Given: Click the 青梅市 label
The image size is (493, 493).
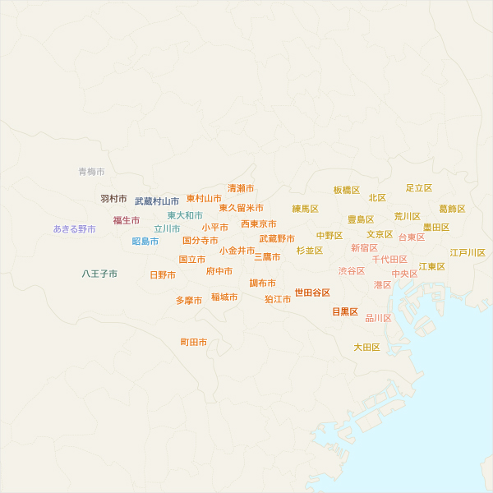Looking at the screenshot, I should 91,172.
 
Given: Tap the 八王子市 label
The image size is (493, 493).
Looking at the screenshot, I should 99,274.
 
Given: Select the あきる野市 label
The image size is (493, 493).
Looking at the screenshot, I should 75,229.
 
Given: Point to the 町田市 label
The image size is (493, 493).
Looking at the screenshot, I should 194,342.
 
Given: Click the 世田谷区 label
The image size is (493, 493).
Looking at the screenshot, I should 312,293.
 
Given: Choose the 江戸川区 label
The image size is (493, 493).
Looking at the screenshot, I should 468,253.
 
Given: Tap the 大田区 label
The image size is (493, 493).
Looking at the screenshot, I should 367,348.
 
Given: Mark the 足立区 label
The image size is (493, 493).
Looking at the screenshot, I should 419,188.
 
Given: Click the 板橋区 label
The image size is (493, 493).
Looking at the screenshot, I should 347,190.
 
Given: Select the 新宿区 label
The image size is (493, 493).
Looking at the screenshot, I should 364,247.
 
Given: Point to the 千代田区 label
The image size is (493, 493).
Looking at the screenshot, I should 389,260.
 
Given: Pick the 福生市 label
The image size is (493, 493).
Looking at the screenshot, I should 127,220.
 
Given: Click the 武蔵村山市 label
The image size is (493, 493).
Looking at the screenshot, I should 157,201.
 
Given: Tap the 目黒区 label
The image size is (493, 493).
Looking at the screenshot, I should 345,311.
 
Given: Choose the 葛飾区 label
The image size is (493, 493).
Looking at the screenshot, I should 452,209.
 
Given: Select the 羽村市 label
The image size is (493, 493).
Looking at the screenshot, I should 114,199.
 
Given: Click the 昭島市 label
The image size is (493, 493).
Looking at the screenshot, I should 145,242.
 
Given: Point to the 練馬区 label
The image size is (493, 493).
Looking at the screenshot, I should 306,209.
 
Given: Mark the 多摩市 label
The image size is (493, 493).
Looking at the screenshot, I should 189,301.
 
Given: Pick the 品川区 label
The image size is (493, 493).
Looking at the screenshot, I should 379,318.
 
